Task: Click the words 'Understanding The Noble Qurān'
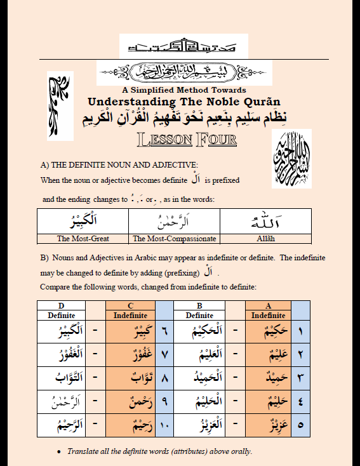(183, 102)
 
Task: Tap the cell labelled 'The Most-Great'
(83, 239)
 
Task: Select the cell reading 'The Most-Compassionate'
(175, 239)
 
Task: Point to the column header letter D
(62, 306)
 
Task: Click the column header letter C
(130, 306)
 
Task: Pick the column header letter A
(268, 306)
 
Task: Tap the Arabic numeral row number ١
(300, 331)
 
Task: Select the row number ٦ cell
(164, 331)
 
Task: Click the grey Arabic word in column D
(62, 401)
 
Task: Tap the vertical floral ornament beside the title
(61, 105)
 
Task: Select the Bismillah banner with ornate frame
(184, 73)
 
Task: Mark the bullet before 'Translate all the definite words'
(58, 452)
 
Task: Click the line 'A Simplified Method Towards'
(184, 90)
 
